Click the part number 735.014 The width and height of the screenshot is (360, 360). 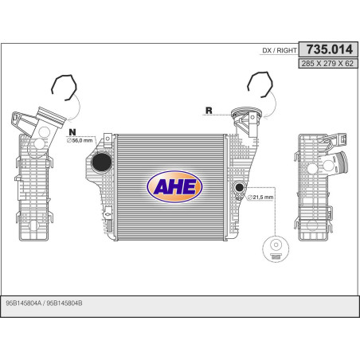click(x=330, y=49)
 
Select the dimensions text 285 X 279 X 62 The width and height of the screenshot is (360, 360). click(x=327, y=64)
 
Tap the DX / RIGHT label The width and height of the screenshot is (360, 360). click(x=280, y=50)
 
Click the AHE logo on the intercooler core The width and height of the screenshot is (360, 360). click(x=174, y=186)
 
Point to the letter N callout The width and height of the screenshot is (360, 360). click(x=72, y=132)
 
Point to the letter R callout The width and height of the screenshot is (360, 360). click(x=209, y=111)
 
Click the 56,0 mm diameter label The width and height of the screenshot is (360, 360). click(x=80, y=140)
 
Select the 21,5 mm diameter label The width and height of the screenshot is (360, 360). click(x=260, y=198)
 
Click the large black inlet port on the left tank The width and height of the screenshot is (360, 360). click(x=101, y=162)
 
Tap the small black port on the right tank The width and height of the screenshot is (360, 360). click(x=240, y=187)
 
